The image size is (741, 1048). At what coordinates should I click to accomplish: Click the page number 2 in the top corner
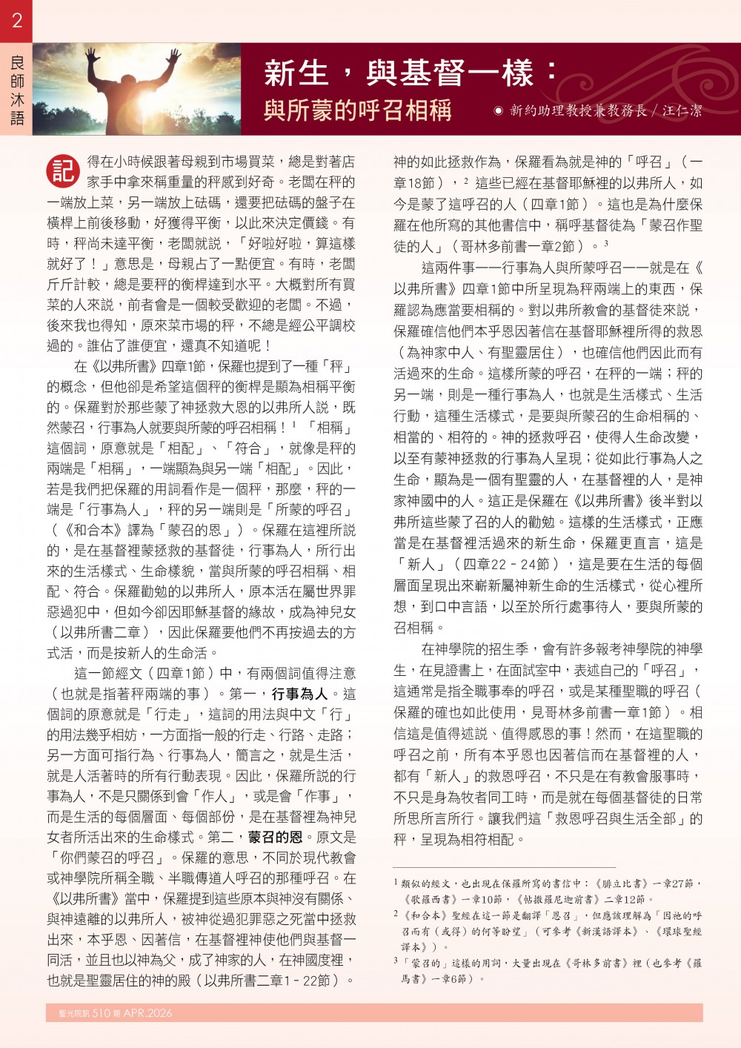coord(16,20)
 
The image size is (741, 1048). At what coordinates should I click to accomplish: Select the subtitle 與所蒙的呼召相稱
coord(357,110)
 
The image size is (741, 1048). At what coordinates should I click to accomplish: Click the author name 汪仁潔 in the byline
coord(682,110)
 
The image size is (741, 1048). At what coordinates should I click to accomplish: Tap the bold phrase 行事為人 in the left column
coord(299,694)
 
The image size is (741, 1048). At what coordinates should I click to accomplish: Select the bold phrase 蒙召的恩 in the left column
coord(275,837)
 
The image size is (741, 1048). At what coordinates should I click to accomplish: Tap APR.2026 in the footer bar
coord(148,1013)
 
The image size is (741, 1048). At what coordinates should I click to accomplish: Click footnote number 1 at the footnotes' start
coord(396,882)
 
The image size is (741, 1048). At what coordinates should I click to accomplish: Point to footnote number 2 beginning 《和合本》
coord(396,914)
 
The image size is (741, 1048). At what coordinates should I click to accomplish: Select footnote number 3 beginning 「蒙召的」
coord(396,962)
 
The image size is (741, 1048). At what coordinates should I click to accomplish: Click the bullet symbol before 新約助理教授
coord(499,111)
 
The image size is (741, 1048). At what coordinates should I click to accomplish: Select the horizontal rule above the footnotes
coord(504,867)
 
